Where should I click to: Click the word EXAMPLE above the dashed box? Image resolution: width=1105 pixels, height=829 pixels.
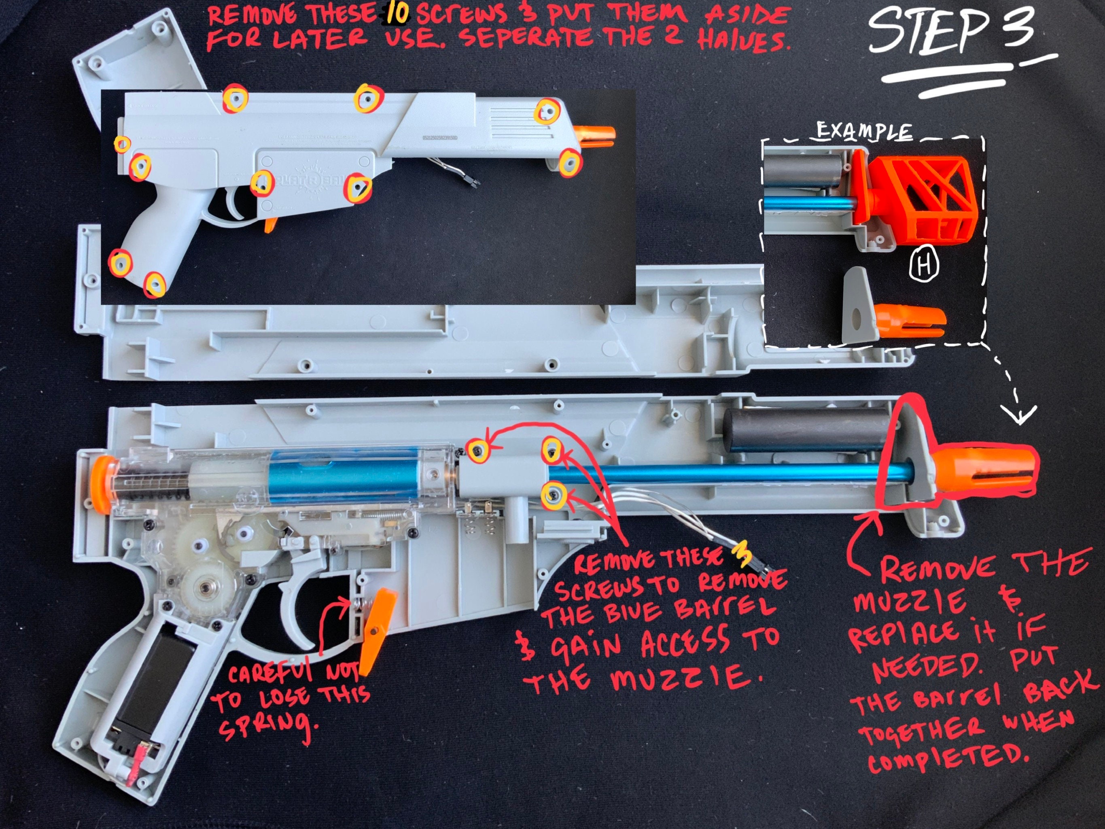pyautogui.click(x=863, y=132)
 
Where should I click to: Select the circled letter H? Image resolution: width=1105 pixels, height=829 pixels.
pyautogui.click(x=924, y=264)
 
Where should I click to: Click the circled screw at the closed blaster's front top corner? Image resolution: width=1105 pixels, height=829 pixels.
pyautogui.click(x=547, y=111)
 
